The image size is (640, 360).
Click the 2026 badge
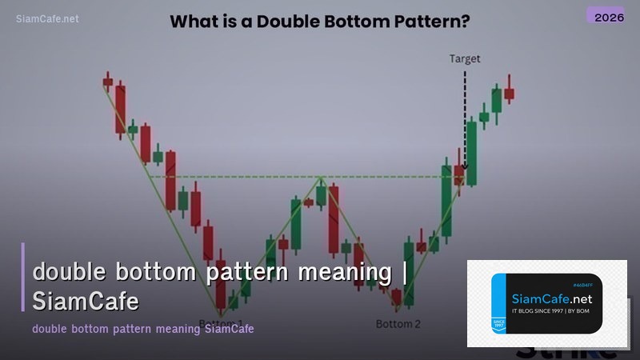coord(604,15)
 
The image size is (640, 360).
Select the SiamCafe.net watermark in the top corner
coord(47,18)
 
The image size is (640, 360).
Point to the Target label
coord(465,58)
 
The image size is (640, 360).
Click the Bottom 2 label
coord(398,324)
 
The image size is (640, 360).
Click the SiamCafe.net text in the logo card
coord(549,298)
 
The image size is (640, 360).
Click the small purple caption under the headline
coord(143,329)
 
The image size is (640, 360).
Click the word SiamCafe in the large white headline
coord(86,301)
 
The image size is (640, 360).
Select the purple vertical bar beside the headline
coord(24,276)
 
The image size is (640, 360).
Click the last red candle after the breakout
coord(509,93)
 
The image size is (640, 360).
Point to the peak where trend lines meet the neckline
coord(321,177)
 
